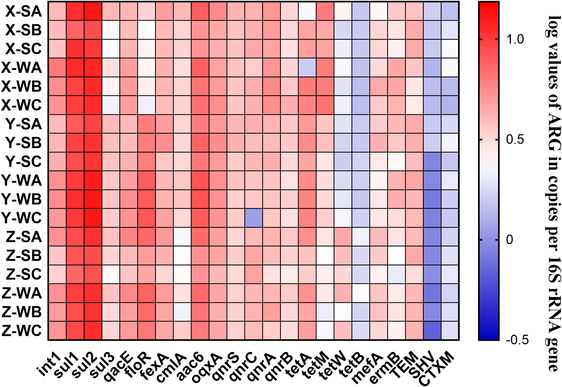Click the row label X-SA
tap(24, 11)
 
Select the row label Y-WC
tap(22, 218)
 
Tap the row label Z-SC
tap(24, 274)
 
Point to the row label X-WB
tap(22, 86)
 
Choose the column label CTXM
tap(437, 369)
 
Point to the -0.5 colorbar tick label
tap(517, 340)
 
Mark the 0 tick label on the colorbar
tap(509, 240)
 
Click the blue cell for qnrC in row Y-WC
tap(254, 218)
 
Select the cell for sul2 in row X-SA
tap(93, 11)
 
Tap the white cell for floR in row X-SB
tap(147, 30)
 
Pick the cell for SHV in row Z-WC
tap(432, 331)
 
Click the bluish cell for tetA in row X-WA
tap(307, 67)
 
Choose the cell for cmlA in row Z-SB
tap(182, 256)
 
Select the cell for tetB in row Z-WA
tap(361, 293)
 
